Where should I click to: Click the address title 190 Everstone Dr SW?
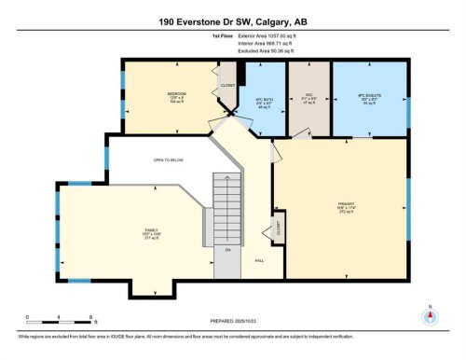(232, 21)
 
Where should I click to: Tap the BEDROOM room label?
(176, 94)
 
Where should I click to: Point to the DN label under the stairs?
(226, 250)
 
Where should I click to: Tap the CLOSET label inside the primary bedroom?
(277, 226)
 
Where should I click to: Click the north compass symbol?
(430, 314)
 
